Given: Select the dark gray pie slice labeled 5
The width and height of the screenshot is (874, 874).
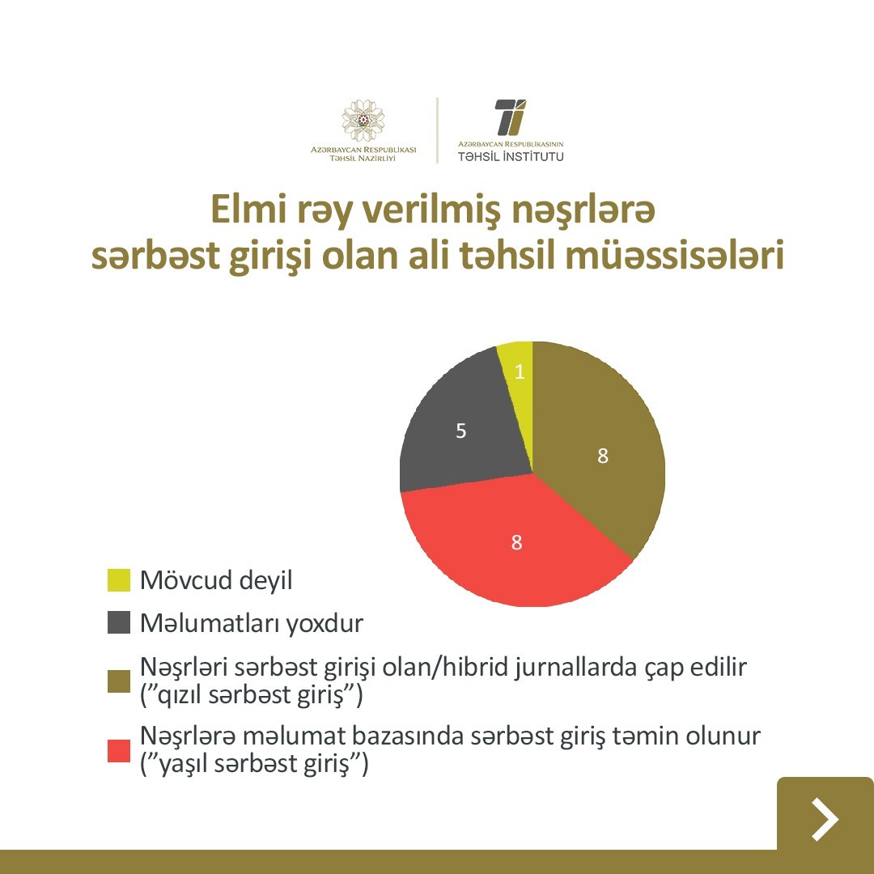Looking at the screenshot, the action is coord(463,429).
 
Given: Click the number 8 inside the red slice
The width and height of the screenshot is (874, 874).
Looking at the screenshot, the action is coord(516,542).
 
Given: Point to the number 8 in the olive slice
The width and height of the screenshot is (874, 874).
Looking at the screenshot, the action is coord(603,456).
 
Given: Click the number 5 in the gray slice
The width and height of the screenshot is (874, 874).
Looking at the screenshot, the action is coord(461,431).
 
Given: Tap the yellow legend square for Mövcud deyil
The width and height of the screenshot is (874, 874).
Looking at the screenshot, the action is coord(119,580).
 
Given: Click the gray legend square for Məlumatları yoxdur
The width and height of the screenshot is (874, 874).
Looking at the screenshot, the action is coord(119,622).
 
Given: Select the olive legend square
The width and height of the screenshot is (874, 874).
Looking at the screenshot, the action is coord(119,681).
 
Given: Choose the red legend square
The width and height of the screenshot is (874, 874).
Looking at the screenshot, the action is coord(119,751).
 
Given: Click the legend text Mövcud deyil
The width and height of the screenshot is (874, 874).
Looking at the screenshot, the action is coord(216,581).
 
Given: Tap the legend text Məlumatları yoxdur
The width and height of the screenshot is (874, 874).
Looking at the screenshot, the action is coord(252,623).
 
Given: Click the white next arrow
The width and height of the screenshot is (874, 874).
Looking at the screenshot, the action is coord(825,819).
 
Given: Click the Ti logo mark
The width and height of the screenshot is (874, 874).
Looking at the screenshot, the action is coord(510,117).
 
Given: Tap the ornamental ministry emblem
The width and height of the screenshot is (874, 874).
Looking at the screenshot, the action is coord(363,121).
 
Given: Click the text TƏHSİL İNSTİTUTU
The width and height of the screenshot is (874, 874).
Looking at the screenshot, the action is coord(511,157).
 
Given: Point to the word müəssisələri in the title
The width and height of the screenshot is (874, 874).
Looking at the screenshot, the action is coord(675,255).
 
